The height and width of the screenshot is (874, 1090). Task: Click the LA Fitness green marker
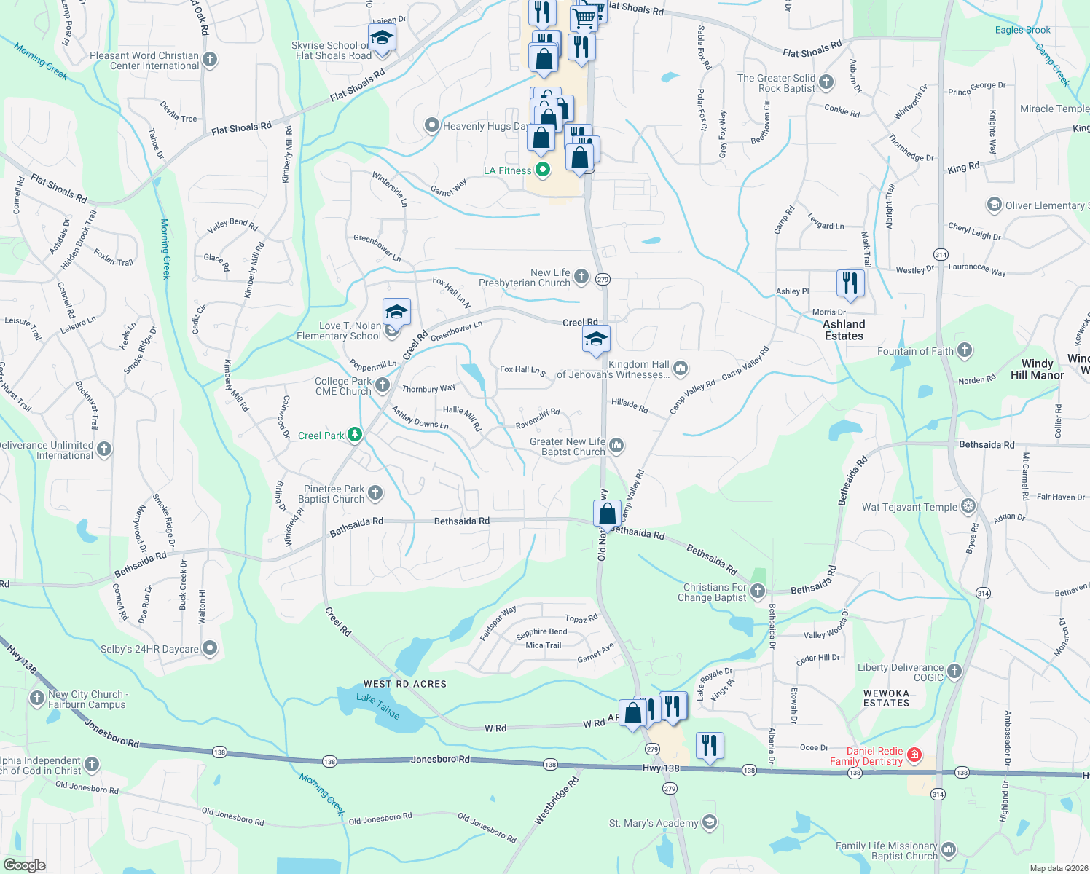click(x=542, y=170)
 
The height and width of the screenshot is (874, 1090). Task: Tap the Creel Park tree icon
click(x=355, y=435)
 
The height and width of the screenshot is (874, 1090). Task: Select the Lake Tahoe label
click(x=377, y=706)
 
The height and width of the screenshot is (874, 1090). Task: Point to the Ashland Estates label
click(x=844, y=330)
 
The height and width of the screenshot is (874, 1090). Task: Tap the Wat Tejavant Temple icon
click(x=968, y=506)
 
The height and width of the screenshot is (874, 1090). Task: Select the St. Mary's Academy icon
click(x=710, y=823)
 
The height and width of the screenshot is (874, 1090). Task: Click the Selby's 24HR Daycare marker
click(x=210, y=648)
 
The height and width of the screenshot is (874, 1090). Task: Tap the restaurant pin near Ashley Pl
click(x=850, y=283)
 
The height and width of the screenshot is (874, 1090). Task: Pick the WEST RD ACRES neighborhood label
click(x=404, y=684)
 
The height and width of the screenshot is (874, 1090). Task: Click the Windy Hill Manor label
click(x=1037, y=369)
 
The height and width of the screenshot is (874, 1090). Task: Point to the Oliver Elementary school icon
click(x=994, y=205)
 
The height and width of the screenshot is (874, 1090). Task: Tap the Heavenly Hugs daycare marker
click(x=432, y=126)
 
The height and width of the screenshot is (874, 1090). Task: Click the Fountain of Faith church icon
click(x=965, y=351)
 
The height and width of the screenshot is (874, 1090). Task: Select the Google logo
click(x=24, y=865)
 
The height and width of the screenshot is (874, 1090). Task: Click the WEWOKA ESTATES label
click(x=886, y=698)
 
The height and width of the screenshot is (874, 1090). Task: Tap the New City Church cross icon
click(x=37, y=699)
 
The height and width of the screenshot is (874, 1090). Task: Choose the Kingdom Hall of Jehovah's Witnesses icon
click(x=681, y=368)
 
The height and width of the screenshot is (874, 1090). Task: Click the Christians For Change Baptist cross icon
click(x=758, y=591)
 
